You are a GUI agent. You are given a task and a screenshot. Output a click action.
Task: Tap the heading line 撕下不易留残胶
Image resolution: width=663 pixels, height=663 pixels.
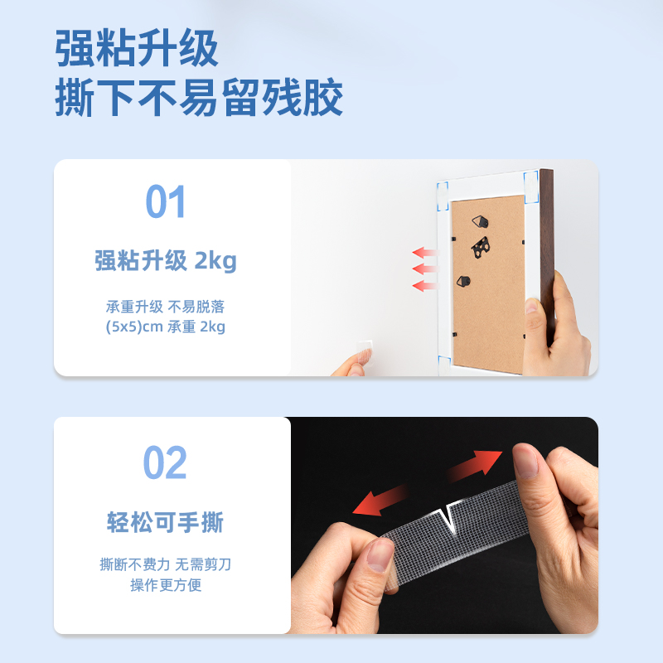coord(199,100)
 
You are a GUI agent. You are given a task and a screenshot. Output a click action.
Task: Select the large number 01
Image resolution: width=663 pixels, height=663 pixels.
coord(166,202)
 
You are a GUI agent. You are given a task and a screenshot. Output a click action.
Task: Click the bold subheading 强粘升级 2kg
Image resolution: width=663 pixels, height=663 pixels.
coord(166,262)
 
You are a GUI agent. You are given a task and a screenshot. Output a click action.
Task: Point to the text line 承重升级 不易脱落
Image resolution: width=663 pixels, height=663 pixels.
coord(166,306)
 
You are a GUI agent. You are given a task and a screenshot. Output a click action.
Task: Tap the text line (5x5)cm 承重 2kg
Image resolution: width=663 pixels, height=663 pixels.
coord(166,327)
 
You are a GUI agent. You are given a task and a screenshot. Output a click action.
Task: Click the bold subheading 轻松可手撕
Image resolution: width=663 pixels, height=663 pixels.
coord(166,523)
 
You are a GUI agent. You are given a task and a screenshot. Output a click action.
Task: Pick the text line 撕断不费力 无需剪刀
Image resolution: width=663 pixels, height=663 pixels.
coord(166,565)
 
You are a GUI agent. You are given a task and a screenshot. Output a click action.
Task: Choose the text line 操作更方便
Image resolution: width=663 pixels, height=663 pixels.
coord(166,586)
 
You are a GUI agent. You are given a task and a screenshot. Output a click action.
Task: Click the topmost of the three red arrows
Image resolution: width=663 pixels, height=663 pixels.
coord(424,252)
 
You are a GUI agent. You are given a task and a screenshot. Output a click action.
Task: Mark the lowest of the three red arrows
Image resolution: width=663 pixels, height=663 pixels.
coord(424,286)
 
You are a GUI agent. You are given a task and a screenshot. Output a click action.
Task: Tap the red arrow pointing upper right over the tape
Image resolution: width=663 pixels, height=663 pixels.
coord(476,466)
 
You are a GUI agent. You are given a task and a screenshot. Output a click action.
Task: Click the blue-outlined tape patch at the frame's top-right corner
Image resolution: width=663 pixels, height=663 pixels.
coord(531,184)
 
